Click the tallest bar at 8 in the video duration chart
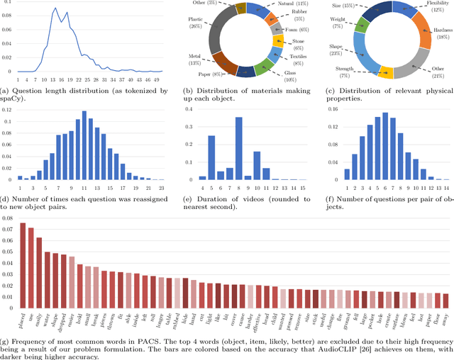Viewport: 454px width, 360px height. [238, 148]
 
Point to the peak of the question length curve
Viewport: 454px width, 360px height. [55, 8]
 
